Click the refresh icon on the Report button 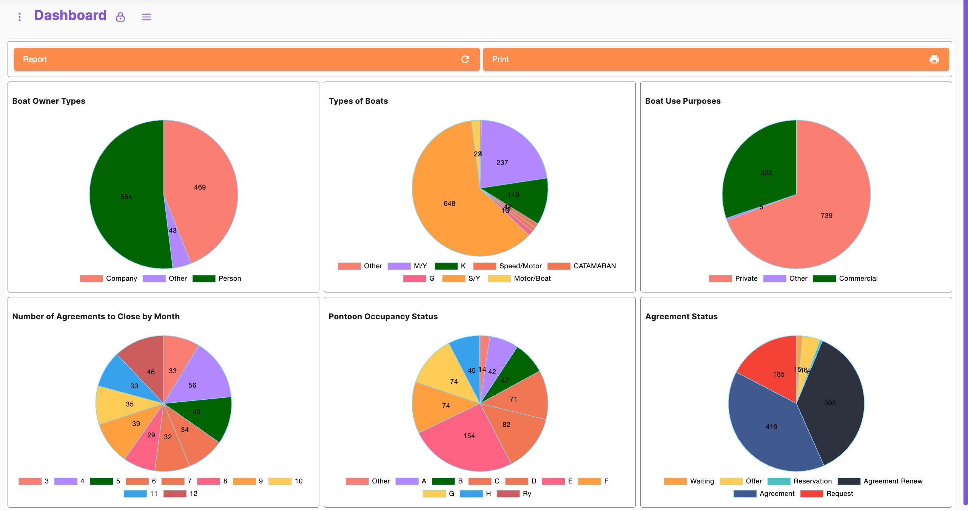pyautogui.click(x=465, y=59)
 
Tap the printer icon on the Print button pyautogui.click(x=934, y=59)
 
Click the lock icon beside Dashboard pyautogui.click(x=120, y=17)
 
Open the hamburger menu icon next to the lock pyautogui.click(x=146, y=17)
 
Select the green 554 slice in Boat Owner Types pyautogui.click(x=126, y=197)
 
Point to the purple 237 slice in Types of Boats pyautogui.click(x=506, y=159)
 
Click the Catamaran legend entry pyautogui.click(x=582, y=266)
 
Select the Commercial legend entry pyautogui.click(x=845, y=279)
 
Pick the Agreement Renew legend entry pyautogui.click(x=880, y=481)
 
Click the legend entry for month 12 pyautogui.click(x=181, y=494)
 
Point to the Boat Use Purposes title pyautogui.click(x=683, y=101)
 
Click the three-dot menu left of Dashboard pyautogui.click(x=20, y=17)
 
